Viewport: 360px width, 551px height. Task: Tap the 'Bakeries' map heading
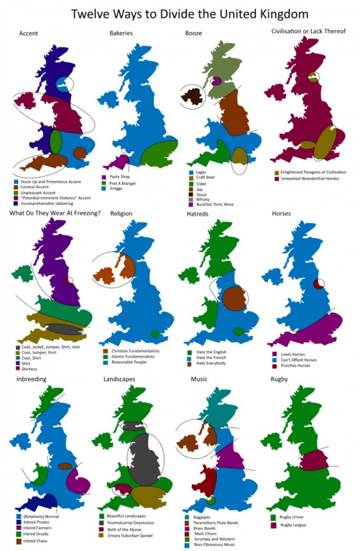[x=121, y=33]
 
